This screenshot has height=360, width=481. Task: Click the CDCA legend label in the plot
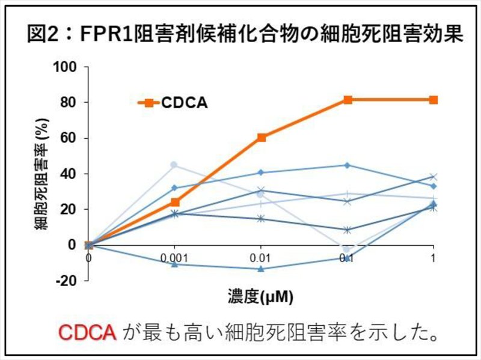(x=184, y=103)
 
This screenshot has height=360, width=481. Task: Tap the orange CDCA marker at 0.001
(x=175, y=203)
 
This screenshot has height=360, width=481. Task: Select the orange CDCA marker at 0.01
(x=262, y=138)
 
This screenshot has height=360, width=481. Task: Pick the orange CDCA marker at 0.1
(x=348, y=100)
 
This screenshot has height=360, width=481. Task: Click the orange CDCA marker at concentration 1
(x=434, y=100)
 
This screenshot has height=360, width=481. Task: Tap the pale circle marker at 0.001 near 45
(x=174, y=165)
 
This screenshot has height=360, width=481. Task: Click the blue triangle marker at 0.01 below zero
(x=262, y=269)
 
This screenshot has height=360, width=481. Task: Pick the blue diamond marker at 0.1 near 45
(x=348, y=165)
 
